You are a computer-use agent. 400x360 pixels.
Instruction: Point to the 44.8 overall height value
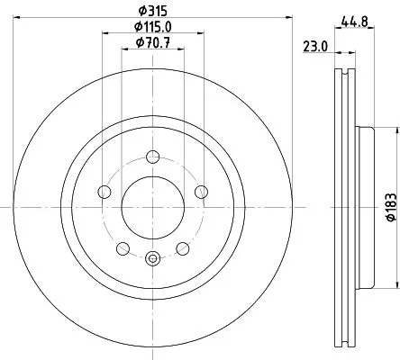click(352, 22)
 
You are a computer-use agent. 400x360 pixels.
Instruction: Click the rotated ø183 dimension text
click(390, 208)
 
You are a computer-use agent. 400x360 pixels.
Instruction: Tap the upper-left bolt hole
click(104, 191)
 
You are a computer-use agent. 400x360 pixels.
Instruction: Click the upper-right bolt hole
click(201, 191)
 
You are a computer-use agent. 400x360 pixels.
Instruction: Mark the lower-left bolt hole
click(122, 247)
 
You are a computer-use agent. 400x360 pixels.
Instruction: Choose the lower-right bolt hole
click(183, 247)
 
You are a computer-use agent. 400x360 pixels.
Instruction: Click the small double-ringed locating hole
click(152, 259)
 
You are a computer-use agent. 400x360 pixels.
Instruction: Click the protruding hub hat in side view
click(368, 206)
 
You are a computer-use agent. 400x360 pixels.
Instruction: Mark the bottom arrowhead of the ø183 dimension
click(378, 285)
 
